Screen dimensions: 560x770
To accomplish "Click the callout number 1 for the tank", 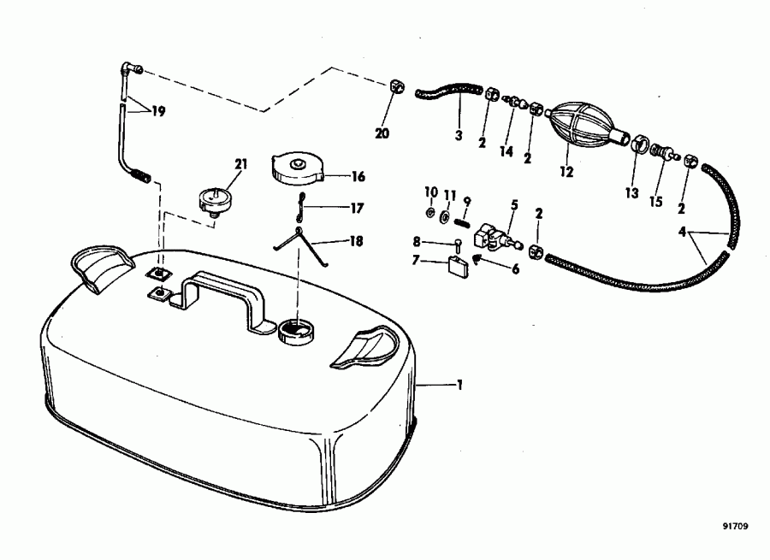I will click(459, 386).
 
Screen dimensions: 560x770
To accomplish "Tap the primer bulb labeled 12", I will click(580, 126).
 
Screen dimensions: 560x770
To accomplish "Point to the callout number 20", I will click(382, 133).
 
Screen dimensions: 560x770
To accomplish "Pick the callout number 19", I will click(158, 110).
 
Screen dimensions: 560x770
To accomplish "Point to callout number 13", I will click(631, 194).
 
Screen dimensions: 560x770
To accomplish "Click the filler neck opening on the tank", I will click(294, 328).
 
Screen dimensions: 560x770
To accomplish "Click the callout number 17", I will click(357, 207).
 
